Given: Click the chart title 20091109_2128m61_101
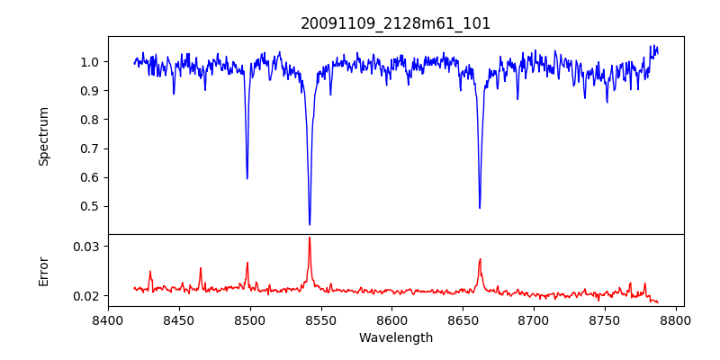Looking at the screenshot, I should coord(396,23).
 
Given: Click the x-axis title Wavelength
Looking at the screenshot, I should coord(396,338).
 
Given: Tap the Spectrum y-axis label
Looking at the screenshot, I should coord(44,136).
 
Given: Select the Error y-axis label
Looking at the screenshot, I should coord(44,271).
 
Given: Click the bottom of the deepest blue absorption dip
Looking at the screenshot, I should coord(310,224).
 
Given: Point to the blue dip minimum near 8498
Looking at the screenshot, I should coord(247,178).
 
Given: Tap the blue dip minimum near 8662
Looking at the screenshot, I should coord(480,208).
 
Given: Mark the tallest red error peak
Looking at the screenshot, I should coord(310,238).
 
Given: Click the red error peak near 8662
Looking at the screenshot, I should coord(480,259).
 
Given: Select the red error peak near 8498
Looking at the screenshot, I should coord(247,263).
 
